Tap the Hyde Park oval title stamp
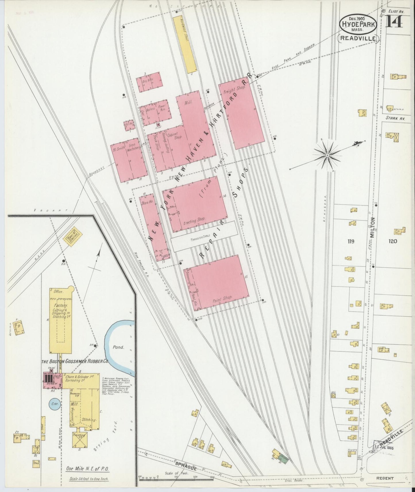point(358,24)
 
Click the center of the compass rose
point(327,155)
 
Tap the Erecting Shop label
point(194,220)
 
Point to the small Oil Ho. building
point(130,125)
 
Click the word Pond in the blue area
point(118,347)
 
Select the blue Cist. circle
point(55,404)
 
